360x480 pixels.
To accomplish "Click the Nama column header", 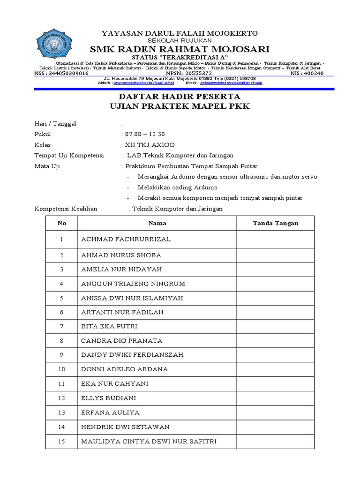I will (157, 223).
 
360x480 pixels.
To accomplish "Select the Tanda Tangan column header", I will (276, 223).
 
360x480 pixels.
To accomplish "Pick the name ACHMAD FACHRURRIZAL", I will (126, 240).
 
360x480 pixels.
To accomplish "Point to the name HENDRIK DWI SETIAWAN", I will (125, 427).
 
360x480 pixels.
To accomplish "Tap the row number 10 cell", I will (61, 369).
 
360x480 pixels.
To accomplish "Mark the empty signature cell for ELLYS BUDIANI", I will (276, 398).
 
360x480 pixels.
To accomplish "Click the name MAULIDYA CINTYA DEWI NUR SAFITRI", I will (149, 442).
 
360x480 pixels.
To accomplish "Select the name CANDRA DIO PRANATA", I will (122, 340).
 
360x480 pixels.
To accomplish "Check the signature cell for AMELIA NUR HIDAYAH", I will (276, 269).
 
